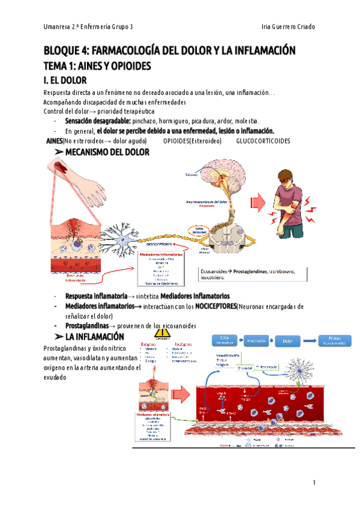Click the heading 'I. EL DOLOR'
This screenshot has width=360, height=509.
coord(65,80)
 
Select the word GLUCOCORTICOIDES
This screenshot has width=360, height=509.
coord(263,141)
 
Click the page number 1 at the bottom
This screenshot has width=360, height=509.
coord(313,483)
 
